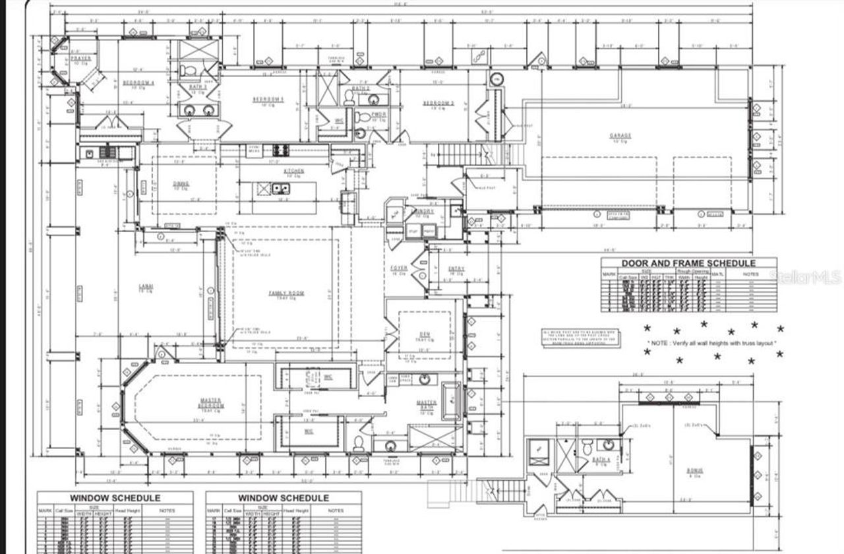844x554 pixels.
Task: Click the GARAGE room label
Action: (620, 136)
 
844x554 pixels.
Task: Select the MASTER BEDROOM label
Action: (212, 403)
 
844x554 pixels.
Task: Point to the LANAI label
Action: (146, 287)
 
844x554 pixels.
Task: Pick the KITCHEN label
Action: (293, 171)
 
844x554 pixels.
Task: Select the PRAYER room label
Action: (80, 59)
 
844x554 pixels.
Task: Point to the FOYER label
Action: (399, 268)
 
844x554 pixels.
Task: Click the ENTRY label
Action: (456, 268)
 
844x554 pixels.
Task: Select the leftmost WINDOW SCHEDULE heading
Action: (115, 498)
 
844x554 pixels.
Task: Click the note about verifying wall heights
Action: (714, 344)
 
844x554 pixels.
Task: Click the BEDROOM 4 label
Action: (138, 83)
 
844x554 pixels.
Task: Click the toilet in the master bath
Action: (359, 443)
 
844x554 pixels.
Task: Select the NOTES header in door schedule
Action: (750, 274)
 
